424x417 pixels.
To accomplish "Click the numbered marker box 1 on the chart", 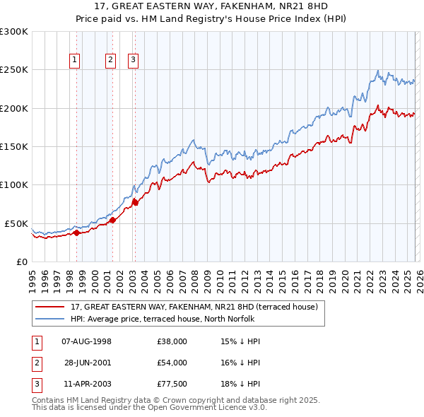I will pyautogui.click(x=75, y=61).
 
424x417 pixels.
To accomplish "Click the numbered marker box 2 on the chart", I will pyautogui.click(x=111, y=61).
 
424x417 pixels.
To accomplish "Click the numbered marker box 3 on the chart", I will pyautogui.click(x=133, y=61).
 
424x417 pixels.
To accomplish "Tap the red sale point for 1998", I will pyautogui.click(x=76, y=233).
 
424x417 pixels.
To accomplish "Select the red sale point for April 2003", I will pyautogui.click(x=134, y=202).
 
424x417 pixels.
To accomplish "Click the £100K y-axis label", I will pyautogui.click(x=14, y=185).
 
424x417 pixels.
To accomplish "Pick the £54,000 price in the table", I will pyautogui.click(x=172, y=363).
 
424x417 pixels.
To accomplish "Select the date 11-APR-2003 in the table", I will pyautogui.click(x=88, y=384).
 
